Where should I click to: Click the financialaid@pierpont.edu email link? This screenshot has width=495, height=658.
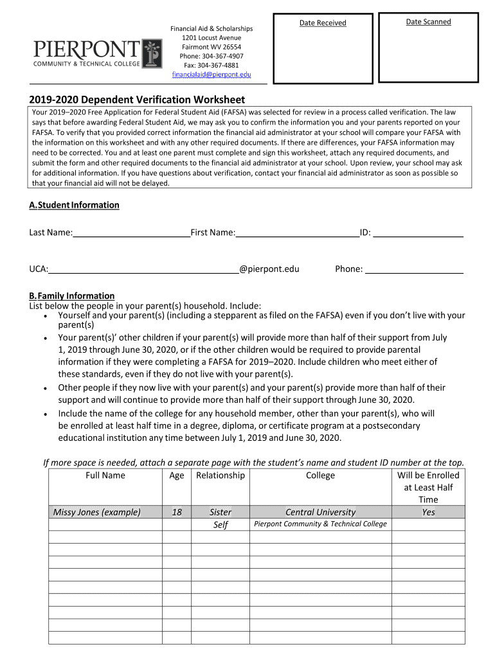pos(211,75)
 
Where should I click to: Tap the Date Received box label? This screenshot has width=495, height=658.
pos(323,23)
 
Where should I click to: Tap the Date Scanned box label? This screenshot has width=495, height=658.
pos(428,22)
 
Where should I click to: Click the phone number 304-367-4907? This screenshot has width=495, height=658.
pos(211,56)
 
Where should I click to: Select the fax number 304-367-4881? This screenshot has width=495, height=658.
pos(211,65)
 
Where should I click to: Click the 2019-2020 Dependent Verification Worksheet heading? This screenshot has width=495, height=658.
pos(137,100)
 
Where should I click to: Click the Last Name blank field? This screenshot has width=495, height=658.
pos(131,233)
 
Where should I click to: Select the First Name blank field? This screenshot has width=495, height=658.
pos(297,233)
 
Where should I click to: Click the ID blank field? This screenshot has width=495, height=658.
pos(419,233)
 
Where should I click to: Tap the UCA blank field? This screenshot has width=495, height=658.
pos(144,269)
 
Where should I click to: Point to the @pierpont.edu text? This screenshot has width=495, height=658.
pos(269,269)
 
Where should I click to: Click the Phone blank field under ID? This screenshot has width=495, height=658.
pos(414,269)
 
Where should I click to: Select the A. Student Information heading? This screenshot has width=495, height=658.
pos(74,205)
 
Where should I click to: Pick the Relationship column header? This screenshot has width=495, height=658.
pos(220,476)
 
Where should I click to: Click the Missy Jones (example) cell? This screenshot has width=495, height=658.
pos(96,512)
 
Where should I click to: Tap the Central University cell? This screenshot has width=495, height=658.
pos(320,512)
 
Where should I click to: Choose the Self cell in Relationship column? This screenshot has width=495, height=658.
pos(221,524)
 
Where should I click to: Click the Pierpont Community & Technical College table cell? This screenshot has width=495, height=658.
pos(320,524)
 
